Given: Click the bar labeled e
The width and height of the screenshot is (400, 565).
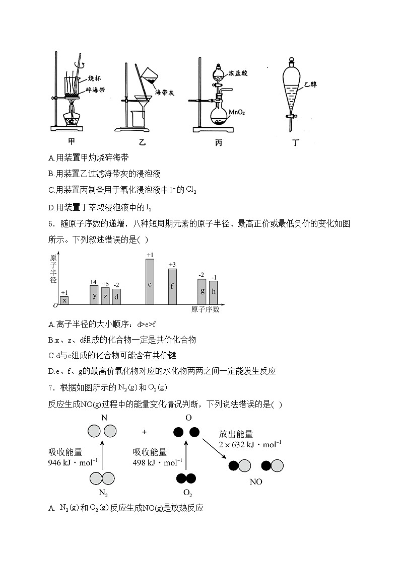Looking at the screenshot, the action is (150, 282).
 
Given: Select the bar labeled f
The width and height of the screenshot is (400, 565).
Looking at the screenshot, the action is (172, 286).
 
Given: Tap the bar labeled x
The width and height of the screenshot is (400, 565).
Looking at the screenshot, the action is (64, 300).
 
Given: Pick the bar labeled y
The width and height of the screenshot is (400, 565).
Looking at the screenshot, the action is (94, 295).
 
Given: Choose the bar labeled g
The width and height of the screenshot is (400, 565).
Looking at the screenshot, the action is (202, 291).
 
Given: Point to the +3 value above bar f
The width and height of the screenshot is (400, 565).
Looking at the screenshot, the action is (172, 265).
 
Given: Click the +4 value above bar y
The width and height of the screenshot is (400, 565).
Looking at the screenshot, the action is (93, 282).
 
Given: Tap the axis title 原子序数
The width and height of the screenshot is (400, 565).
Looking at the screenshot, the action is (205, 310).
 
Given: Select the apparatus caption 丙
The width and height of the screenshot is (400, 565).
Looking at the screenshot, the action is (219, 142).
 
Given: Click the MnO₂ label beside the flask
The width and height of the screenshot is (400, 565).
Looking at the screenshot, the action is (236, 112).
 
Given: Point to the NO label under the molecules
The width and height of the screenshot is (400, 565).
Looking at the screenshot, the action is (256, 481).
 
